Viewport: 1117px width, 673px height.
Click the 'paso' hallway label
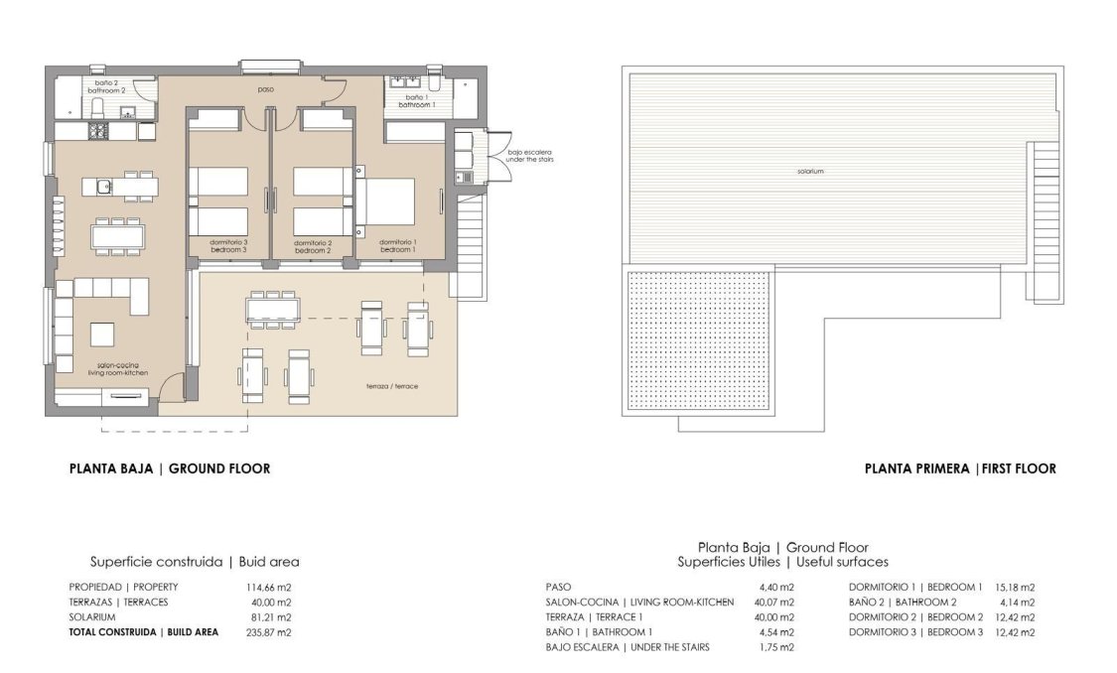(x=265, y=90)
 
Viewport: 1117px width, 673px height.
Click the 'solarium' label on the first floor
(x=809, y=172)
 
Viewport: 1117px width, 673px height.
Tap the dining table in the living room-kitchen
(x=117, y=236)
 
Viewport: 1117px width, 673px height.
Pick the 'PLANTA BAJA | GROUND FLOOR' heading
(x=169, y=469)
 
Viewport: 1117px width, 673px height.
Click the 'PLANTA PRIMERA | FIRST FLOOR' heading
(x=959, y=469)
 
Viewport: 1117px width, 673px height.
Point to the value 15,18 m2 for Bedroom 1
(x=1013, y=587)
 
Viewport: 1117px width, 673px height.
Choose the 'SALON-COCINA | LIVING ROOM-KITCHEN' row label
(x=639, y=602)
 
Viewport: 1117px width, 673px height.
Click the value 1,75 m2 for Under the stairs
(x=775, y=646)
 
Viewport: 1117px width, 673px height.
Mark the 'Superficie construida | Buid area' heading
(x=194, y=562)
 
